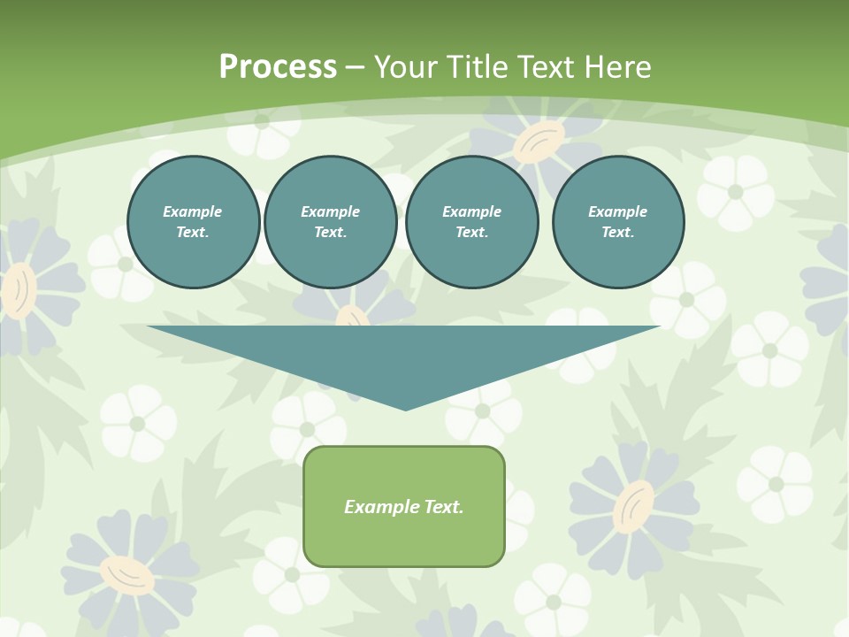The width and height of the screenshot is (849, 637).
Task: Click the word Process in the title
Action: pos(278,67)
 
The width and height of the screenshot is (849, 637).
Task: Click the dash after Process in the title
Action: pos(355,68)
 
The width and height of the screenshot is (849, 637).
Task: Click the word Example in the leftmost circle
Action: pos(193,211)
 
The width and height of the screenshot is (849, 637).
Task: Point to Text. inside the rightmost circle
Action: pos(618,232)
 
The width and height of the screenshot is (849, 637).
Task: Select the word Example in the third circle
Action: pos(472,211)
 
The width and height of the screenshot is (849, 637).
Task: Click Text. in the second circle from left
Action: pos(331,232)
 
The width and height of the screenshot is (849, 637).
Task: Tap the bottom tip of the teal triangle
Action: pos(405,409)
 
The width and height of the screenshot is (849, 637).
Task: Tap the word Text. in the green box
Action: pos(445,507)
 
